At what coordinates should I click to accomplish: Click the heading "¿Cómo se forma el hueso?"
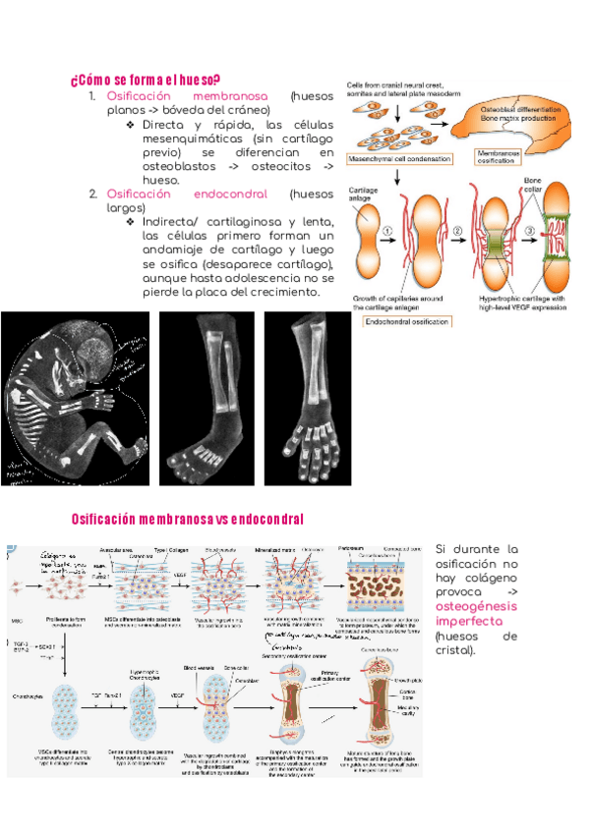(146, 80)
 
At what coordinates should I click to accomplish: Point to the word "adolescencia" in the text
(269, 278)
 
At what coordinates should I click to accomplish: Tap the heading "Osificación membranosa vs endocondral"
(188, 518)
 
